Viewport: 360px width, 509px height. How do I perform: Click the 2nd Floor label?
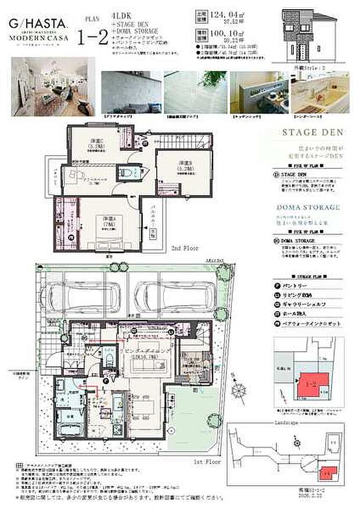pyautogui.click(x=185, y=247)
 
